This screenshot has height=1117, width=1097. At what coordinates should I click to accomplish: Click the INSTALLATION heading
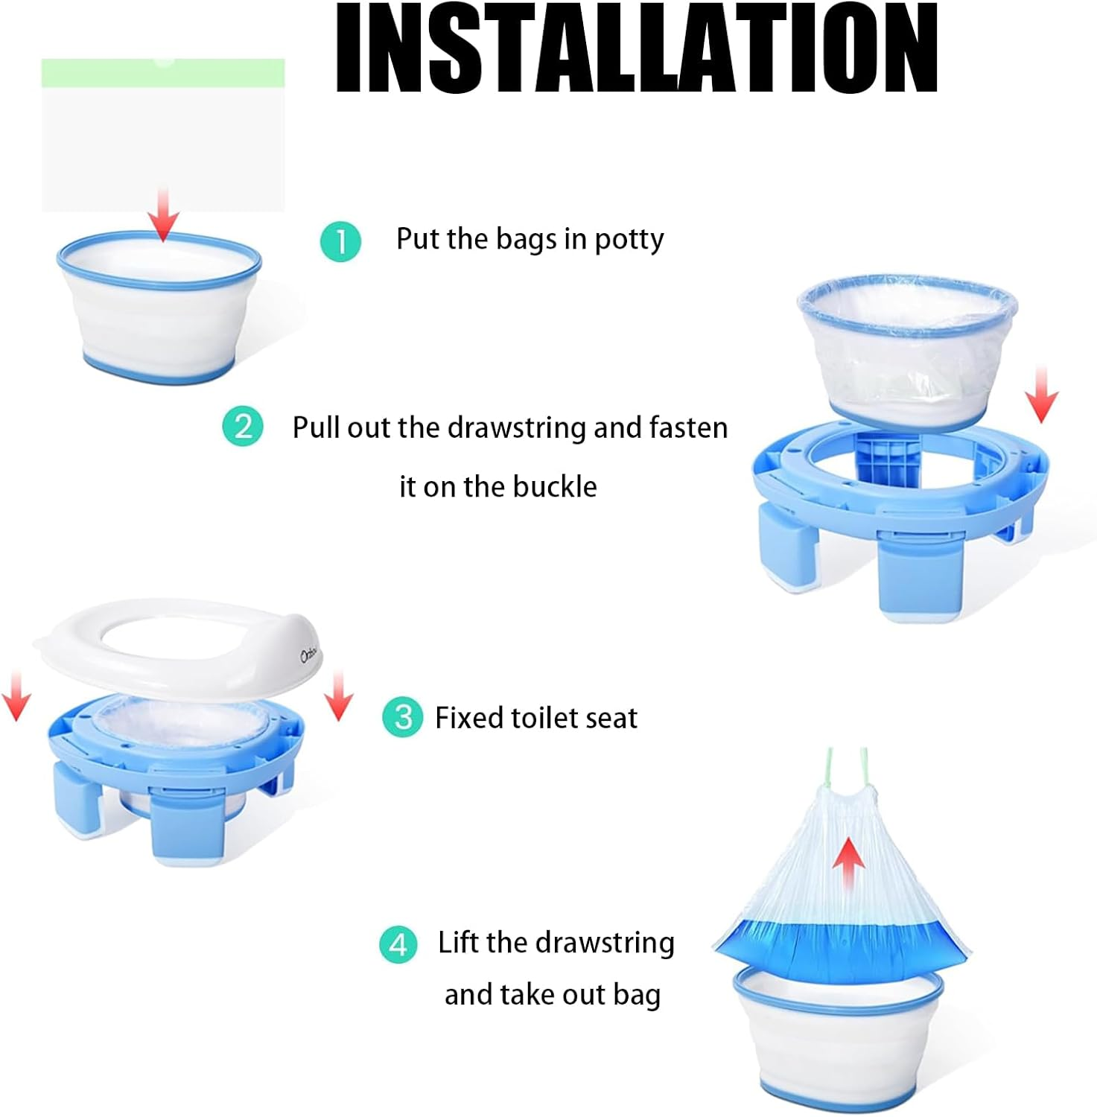637,48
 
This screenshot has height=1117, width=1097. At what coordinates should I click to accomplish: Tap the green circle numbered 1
340,241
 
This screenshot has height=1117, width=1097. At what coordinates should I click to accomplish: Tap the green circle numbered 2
243,427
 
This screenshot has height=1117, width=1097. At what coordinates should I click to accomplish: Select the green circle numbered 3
402,717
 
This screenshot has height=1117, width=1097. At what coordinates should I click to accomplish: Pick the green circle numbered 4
398,945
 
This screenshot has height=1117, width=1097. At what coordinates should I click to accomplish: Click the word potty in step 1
629,240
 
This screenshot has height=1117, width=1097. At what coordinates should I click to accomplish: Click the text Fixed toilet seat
535,718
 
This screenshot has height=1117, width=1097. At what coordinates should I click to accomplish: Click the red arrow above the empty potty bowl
163,216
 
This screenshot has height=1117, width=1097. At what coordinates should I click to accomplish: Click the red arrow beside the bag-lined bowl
1041,395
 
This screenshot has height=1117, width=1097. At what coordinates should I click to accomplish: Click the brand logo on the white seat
309,655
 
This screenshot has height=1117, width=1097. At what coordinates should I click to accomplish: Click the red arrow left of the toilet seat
16,696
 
